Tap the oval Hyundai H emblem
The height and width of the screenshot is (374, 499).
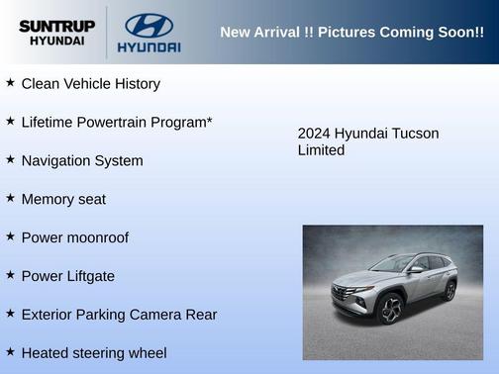click(149, 25)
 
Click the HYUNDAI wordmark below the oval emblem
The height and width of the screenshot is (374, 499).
click(149, 47)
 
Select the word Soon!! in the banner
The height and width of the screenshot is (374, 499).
click(458, 33)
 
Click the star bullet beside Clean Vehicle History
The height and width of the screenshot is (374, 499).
click(10, 83)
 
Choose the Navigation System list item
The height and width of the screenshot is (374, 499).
click(82, 160)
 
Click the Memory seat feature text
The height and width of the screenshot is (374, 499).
click(63, 199)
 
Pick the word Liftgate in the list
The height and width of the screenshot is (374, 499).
click(88, 276)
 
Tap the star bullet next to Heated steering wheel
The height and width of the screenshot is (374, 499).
click(10, 352)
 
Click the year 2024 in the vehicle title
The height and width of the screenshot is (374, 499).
click(314, 134)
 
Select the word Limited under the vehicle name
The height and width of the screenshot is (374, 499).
click(321, 150)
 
